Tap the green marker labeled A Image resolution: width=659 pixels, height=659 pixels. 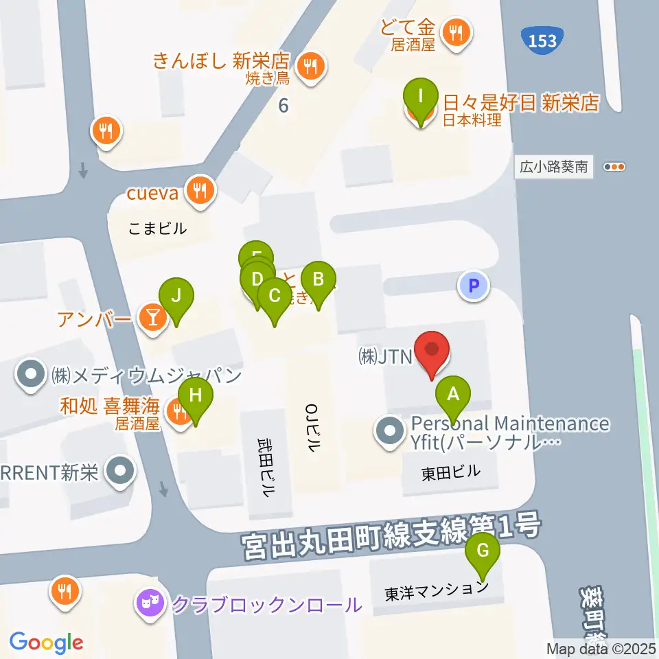[x=453, y=395]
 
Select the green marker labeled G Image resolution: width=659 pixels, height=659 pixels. [x=483, y=550]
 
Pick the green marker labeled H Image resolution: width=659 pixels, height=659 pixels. [x=196, y=395]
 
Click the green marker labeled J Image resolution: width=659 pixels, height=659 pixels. [x=176, y=296]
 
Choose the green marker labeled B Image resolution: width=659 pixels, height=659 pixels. [x=318, y=279]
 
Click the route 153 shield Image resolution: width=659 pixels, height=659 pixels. [x=543, y=41]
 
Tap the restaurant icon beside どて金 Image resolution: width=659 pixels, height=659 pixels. [x=456, y=31]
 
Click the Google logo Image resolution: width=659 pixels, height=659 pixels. [x=47, y=643]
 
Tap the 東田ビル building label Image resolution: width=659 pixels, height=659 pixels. [x=450, y=472]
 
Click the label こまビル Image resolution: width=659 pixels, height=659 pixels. [x=157, y=229]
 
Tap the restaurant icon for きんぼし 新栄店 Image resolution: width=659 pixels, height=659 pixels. [x=311, y=67]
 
